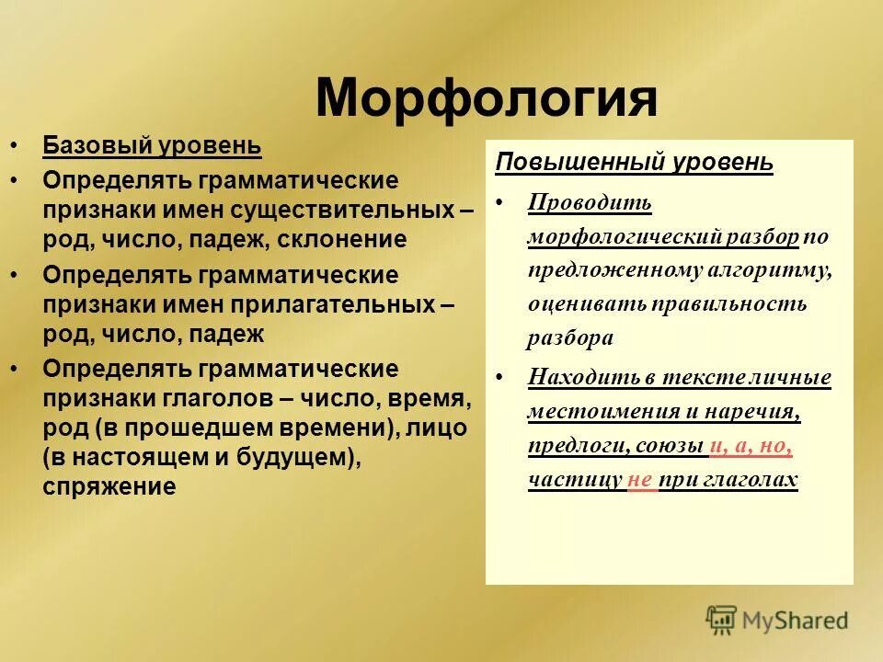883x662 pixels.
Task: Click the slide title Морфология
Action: tap(487, 98)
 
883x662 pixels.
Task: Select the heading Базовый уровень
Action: tap(152, 145)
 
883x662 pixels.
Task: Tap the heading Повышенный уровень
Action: tap(634, 163)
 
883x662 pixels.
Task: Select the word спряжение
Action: tap(109, 486)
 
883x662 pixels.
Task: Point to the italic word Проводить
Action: tap(590, 202)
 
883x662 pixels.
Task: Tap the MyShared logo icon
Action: tap(721, 620)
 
